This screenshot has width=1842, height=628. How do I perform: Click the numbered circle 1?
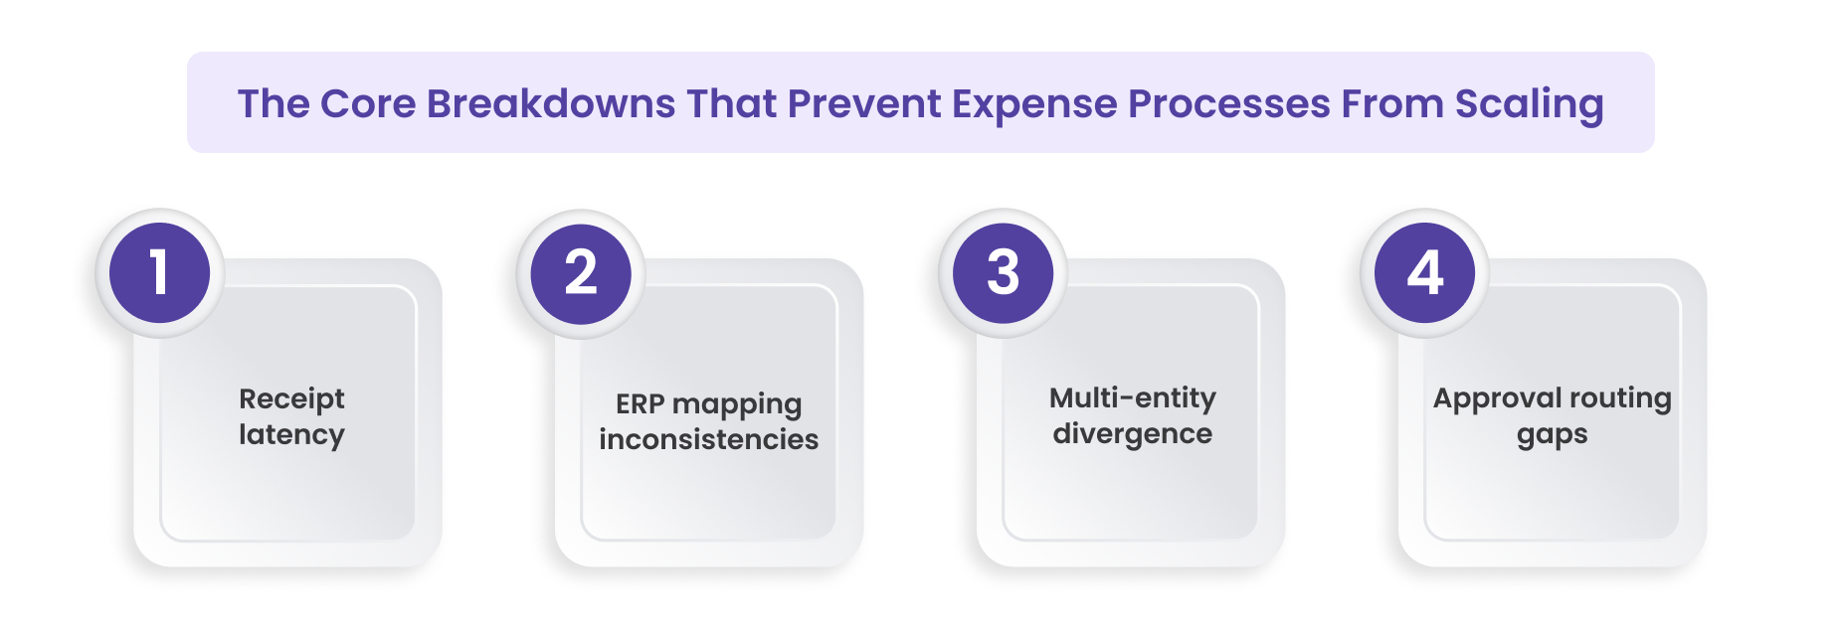(159, 273)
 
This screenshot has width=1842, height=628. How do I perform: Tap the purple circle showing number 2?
(581, 273)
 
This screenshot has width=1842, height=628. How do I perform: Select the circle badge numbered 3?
(1003, 273)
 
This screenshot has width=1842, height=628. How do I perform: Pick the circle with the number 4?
(1424, 273)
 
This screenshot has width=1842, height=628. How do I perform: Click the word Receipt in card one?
(291, 399)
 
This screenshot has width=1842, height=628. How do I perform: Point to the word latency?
(291, 435)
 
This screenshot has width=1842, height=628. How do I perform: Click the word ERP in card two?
(640, 404)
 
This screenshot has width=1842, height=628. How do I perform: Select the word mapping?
(737, 405)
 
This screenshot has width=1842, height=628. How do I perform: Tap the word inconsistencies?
(708, 439)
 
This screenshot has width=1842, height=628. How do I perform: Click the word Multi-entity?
(1132, 398)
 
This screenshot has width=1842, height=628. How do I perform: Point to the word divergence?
(1132, 434)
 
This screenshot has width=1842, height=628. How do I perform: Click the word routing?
(1620, 399)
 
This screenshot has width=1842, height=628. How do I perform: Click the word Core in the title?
(367, 104)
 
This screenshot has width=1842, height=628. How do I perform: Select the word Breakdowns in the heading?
(551, 104)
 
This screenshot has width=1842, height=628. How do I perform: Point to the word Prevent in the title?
(863, 104)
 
